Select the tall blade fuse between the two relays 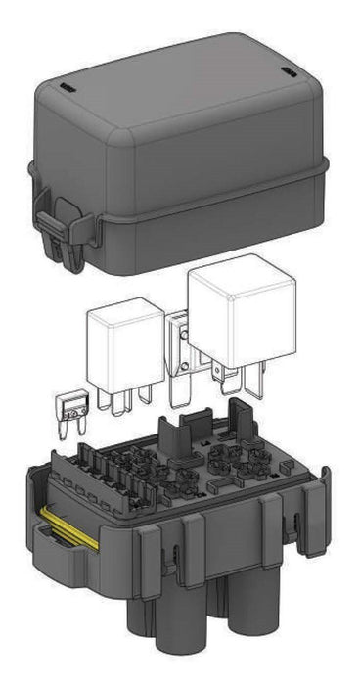coord(179,357)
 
